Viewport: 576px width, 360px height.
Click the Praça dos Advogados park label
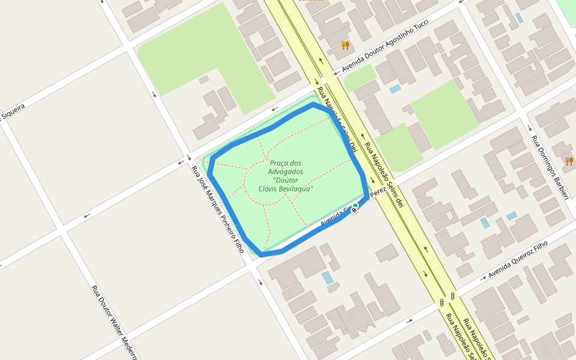tap(285, 176)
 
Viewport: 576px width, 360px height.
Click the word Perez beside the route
tap(378, 192)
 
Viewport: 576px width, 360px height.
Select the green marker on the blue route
tap(355, 206)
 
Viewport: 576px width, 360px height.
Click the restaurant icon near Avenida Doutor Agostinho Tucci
tap(345, 45)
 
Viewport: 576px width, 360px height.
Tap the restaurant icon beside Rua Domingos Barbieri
tap(569, 161)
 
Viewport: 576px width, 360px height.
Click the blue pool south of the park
tap(327, 278)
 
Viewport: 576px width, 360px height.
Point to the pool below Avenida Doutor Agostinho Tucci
tap(395, 89)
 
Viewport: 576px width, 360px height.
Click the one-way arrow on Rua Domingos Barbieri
tap(529, 128)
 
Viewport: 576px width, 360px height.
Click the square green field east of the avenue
tap(444, 114)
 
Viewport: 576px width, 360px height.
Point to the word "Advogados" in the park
tap(285, 172)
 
